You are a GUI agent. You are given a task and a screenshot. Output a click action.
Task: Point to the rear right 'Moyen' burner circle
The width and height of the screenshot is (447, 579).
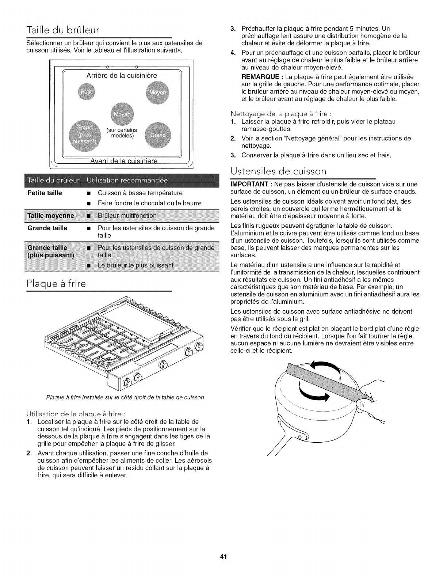point(157,92)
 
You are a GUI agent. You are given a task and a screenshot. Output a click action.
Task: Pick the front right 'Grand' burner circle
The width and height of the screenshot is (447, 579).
point(157,134)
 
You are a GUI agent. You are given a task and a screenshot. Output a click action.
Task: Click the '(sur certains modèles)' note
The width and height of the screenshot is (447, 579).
point(122,133)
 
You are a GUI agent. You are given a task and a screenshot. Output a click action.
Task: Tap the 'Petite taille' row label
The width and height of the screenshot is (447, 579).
point(45,193)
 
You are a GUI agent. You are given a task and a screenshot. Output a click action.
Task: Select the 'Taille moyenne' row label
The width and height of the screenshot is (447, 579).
point(51,215)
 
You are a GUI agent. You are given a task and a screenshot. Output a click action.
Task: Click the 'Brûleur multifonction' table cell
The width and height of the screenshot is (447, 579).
point(127,215)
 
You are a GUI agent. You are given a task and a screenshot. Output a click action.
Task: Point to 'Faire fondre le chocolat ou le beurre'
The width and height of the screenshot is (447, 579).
point(150,203)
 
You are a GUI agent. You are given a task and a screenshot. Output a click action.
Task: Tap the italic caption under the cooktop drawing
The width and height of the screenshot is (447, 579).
point(125,397)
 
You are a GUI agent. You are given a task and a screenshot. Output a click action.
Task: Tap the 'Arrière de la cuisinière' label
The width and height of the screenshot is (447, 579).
point(122,76)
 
